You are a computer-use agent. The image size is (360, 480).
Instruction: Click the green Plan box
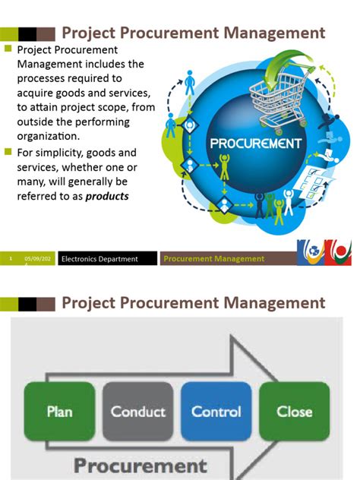point(59,412)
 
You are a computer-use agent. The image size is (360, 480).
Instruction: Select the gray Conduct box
point(137,412)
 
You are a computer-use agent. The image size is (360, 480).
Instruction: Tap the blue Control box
point(216,412)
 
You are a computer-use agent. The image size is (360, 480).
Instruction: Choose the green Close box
point(294,412)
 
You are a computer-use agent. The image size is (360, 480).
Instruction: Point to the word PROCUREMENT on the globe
point(255,143)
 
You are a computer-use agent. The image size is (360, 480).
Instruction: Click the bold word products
point(107,195)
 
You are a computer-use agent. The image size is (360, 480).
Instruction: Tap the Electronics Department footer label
point(99,259)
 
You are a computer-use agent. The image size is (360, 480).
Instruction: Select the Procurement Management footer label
point(214,259)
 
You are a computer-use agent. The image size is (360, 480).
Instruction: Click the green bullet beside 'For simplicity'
point(8,152)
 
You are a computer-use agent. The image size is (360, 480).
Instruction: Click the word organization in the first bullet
point(48,136)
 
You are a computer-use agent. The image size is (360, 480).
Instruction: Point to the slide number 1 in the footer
point(11,259)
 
